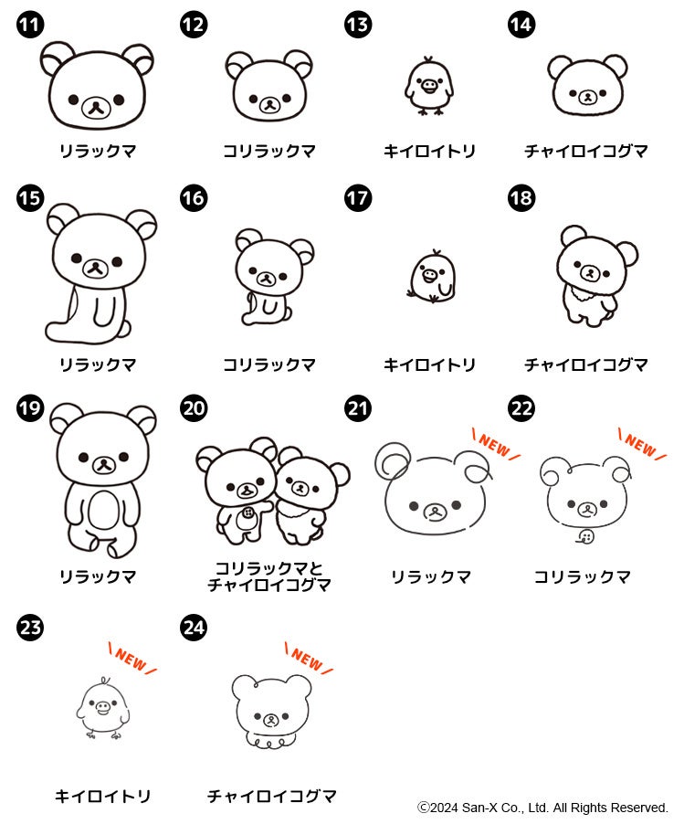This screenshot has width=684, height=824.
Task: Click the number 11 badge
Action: click(x=30, y=25)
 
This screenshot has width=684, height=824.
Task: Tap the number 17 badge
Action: click(x=358, y=198)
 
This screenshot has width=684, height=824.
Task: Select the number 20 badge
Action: click(x=194, y=408)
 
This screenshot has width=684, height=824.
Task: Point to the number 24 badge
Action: click(x=194, y=627)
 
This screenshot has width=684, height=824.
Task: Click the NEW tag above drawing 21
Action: click(x=495, y=445)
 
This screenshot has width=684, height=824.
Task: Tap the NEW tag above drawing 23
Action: click(x=132, y=659)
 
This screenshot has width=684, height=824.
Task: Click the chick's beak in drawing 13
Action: click(x=429, y=85)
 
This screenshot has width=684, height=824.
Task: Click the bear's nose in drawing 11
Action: click(x=96, y=107)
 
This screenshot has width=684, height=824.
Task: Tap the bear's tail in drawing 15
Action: click(x=125, y=329)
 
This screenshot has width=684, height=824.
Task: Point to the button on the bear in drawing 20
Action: click(x=248, y=512)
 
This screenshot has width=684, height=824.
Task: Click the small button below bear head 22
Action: click(x=584, y=537)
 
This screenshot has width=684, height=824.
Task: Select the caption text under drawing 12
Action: click(x=269, y=152)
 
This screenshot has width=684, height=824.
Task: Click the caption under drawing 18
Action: click(x=585, y=364)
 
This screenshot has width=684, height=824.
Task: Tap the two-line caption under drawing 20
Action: click(x=269, y=576)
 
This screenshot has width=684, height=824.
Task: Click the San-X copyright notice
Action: click(x=542, y=808)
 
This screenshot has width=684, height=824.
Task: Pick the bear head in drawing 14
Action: click(x=587, y=85)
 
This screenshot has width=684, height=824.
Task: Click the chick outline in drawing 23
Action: click(x=103, y=708)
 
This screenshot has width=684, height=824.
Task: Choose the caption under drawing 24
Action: click(x=271, y=797)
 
